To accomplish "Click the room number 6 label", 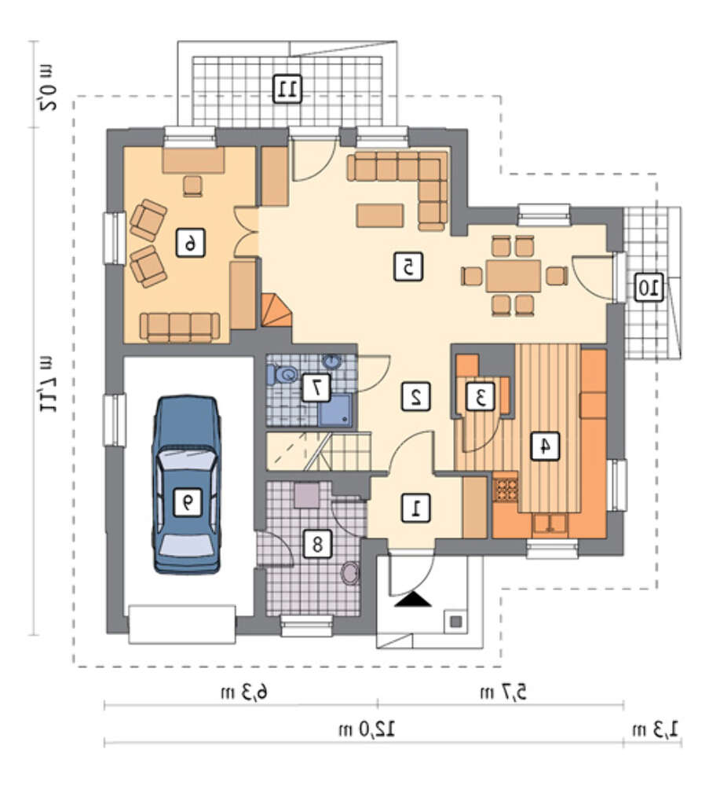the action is coord(190,243).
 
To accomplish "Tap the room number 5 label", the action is coord(408,266).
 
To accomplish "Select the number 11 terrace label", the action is coord(287,89).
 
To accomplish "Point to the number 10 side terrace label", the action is coord(649,288).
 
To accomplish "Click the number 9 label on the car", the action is coord(187,501).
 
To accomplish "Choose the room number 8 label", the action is coord(317,543).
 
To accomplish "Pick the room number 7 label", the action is coord(316,387).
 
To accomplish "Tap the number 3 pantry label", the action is coord(481,397).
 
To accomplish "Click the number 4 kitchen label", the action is coord(545,445).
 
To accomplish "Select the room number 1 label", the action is coord(416,509).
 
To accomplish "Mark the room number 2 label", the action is coord(416,396).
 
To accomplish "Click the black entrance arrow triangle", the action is coord(413,599).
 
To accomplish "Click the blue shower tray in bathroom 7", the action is coord(335,410).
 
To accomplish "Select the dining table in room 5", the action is coord(514,276).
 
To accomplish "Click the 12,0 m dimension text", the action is coord(367,730).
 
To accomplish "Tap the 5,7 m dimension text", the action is coord(503,692).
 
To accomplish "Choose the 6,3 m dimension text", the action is coord(244,692).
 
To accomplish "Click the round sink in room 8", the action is coord(350,573).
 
